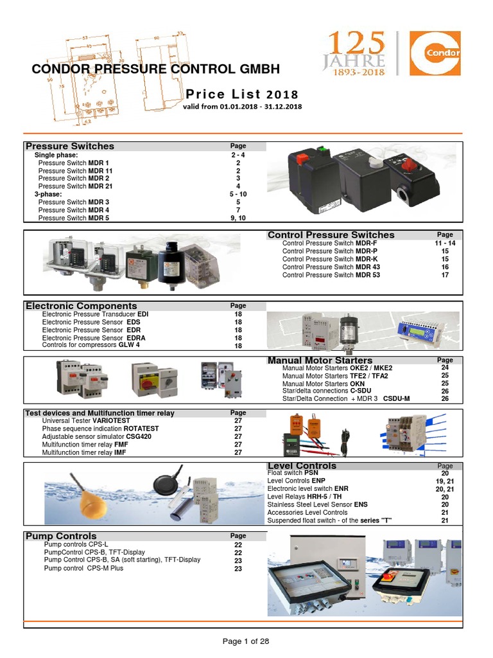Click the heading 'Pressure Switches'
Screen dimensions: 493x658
(x=69, y=147)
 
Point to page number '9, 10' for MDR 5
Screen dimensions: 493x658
(x=238, y=218)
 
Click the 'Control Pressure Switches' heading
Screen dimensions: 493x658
(x=331, y=235)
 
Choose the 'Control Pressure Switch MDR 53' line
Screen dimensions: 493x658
(x=331, y=275)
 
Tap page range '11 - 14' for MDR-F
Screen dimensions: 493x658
(x=444, y=244)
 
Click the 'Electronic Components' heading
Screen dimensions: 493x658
(x=81, y=306)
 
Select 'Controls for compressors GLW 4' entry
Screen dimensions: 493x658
(x=91, y=345)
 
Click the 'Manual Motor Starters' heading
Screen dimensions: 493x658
(x=320, y=360)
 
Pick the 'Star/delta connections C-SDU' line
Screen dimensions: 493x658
(x=327, y=391)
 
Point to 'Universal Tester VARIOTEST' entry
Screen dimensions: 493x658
(x=82, y=421)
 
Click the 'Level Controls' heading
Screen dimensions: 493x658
(x=301, y=466)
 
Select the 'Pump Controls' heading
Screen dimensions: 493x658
(x=61, y=536)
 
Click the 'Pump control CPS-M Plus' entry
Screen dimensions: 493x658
(x=83, y=569)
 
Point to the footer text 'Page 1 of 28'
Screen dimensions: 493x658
(x=246, y=641)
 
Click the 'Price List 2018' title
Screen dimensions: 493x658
(x=242, y=94)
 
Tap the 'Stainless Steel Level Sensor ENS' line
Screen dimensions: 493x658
(x=317, y=505)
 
